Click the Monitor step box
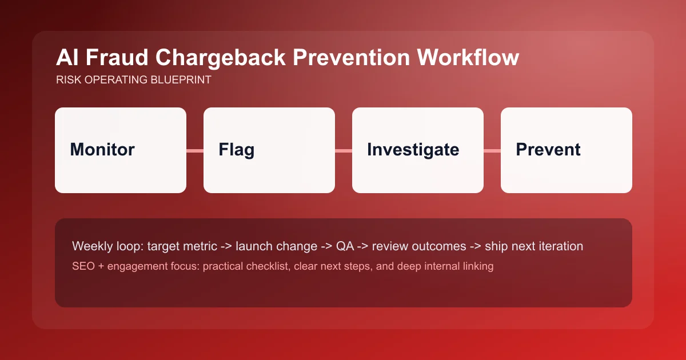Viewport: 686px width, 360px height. (x=121, y=150)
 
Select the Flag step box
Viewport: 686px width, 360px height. (x=269, y=150)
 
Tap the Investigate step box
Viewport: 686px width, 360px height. (x=418, y=150)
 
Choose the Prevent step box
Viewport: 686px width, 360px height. (x=567, y=150)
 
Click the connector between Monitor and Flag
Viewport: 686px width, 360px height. (x=195, y=151)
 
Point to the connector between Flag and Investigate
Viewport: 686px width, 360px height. (x=344, y=151)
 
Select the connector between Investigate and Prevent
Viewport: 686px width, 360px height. (x=492, y=151)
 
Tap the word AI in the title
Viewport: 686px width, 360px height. (x=66, y=58)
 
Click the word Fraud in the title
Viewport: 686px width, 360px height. (x=111, y=58)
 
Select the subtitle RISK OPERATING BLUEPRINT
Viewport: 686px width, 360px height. (x=134, y=80)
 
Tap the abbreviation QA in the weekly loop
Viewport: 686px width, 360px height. (x=344, y=246)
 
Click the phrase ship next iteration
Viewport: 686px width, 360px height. (x=533, y=246)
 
